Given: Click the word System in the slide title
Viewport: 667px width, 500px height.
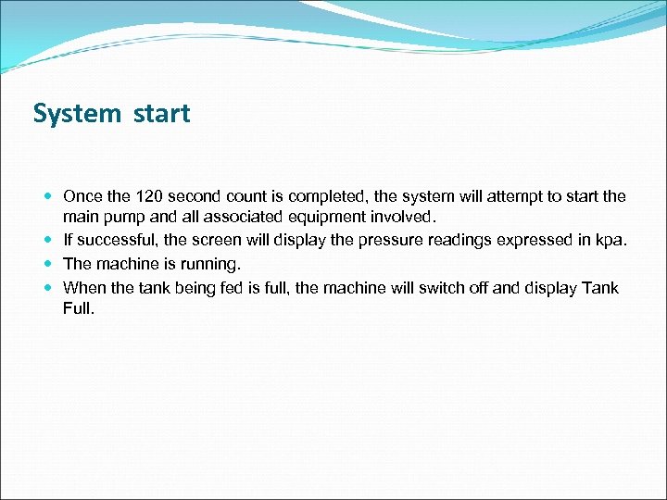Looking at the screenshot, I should (77, 114).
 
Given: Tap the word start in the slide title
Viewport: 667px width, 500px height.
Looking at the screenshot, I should (161, 115).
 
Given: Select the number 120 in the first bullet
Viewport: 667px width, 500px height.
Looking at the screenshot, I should (150, 196).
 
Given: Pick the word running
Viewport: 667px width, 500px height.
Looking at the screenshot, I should (211, 264).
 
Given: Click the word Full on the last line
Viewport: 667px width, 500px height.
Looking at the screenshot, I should (79, 308).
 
